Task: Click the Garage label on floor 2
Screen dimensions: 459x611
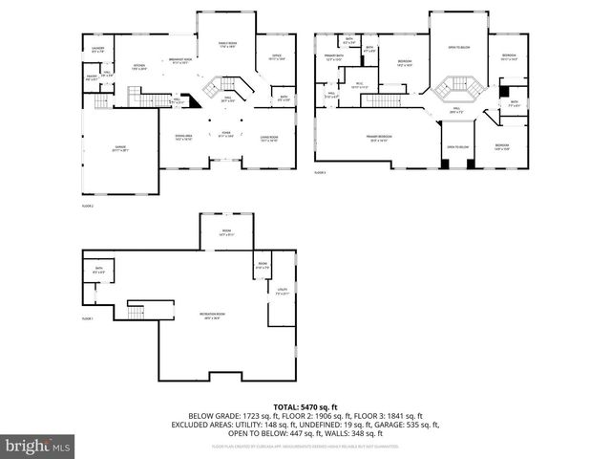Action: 118,149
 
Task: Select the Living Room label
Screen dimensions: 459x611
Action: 269,139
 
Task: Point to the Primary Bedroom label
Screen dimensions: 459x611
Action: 379,139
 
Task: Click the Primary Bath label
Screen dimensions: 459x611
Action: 332,58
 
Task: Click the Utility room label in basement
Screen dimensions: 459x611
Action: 282,291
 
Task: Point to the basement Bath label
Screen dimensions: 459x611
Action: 98,272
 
